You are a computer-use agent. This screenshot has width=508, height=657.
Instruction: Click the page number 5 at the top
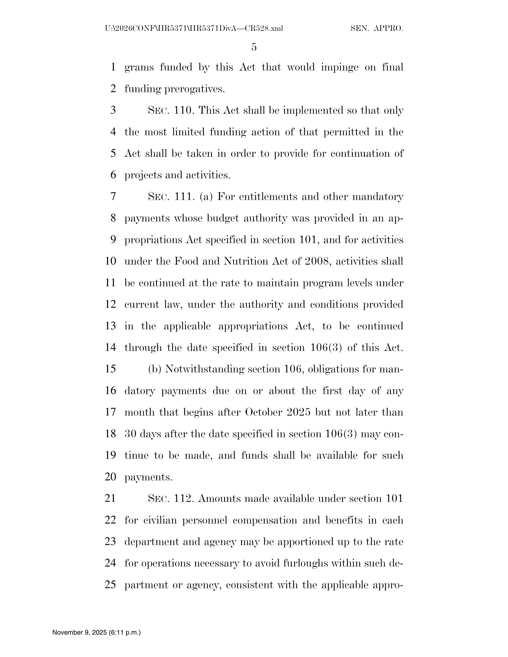254,47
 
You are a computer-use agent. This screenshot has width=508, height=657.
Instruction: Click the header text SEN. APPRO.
377,29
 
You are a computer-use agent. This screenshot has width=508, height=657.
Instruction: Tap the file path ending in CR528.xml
194,29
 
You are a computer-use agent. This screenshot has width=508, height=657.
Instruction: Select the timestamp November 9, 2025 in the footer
96,632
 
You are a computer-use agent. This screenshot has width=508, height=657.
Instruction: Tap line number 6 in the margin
113,175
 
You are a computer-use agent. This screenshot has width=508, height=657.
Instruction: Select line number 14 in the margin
111,347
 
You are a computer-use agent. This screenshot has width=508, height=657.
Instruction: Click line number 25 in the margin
111,585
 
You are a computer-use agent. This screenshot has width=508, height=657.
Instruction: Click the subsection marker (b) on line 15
155,369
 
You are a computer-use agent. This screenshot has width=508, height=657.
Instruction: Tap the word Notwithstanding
205,369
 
